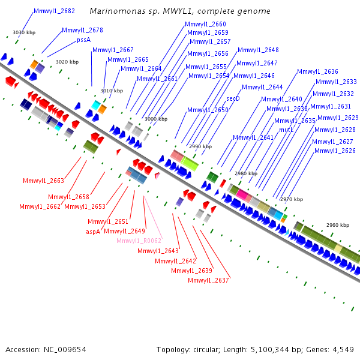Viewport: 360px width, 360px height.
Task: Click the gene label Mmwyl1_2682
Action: click(54, 11)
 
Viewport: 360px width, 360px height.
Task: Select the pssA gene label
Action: click(84, 40)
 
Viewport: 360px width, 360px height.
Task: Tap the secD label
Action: click(233, 98)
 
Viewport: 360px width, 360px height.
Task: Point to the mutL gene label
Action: click(286, 130)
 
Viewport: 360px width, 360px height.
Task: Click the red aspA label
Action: click(93, 232)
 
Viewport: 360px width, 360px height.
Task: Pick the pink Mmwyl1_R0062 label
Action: click(139, 241)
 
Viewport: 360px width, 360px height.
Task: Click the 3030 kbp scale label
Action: click(24, 32)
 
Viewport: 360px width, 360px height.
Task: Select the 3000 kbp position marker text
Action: click(156, 119)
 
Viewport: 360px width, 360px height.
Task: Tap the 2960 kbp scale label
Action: click(338, 225)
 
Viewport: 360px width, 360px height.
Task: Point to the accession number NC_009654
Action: click(65, 350)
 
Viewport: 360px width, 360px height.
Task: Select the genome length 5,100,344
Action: click(270, 350)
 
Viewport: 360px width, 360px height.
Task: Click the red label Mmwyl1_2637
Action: click(208, 280)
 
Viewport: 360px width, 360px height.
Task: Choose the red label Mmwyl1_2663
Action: click(43, 181)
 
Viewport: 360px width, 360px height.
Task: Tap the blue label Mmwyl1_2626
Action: click(335, 151)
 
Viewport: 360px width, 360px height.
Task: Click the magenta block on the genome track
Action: click(242, 194)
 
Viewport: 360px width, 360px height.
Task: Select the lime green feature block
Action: click(190, 163)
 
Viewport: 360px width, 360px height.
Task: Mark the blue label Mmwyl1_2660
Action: click(205, 24)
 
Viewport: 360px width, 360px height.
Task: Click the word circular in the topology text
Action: click(205, 350)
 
